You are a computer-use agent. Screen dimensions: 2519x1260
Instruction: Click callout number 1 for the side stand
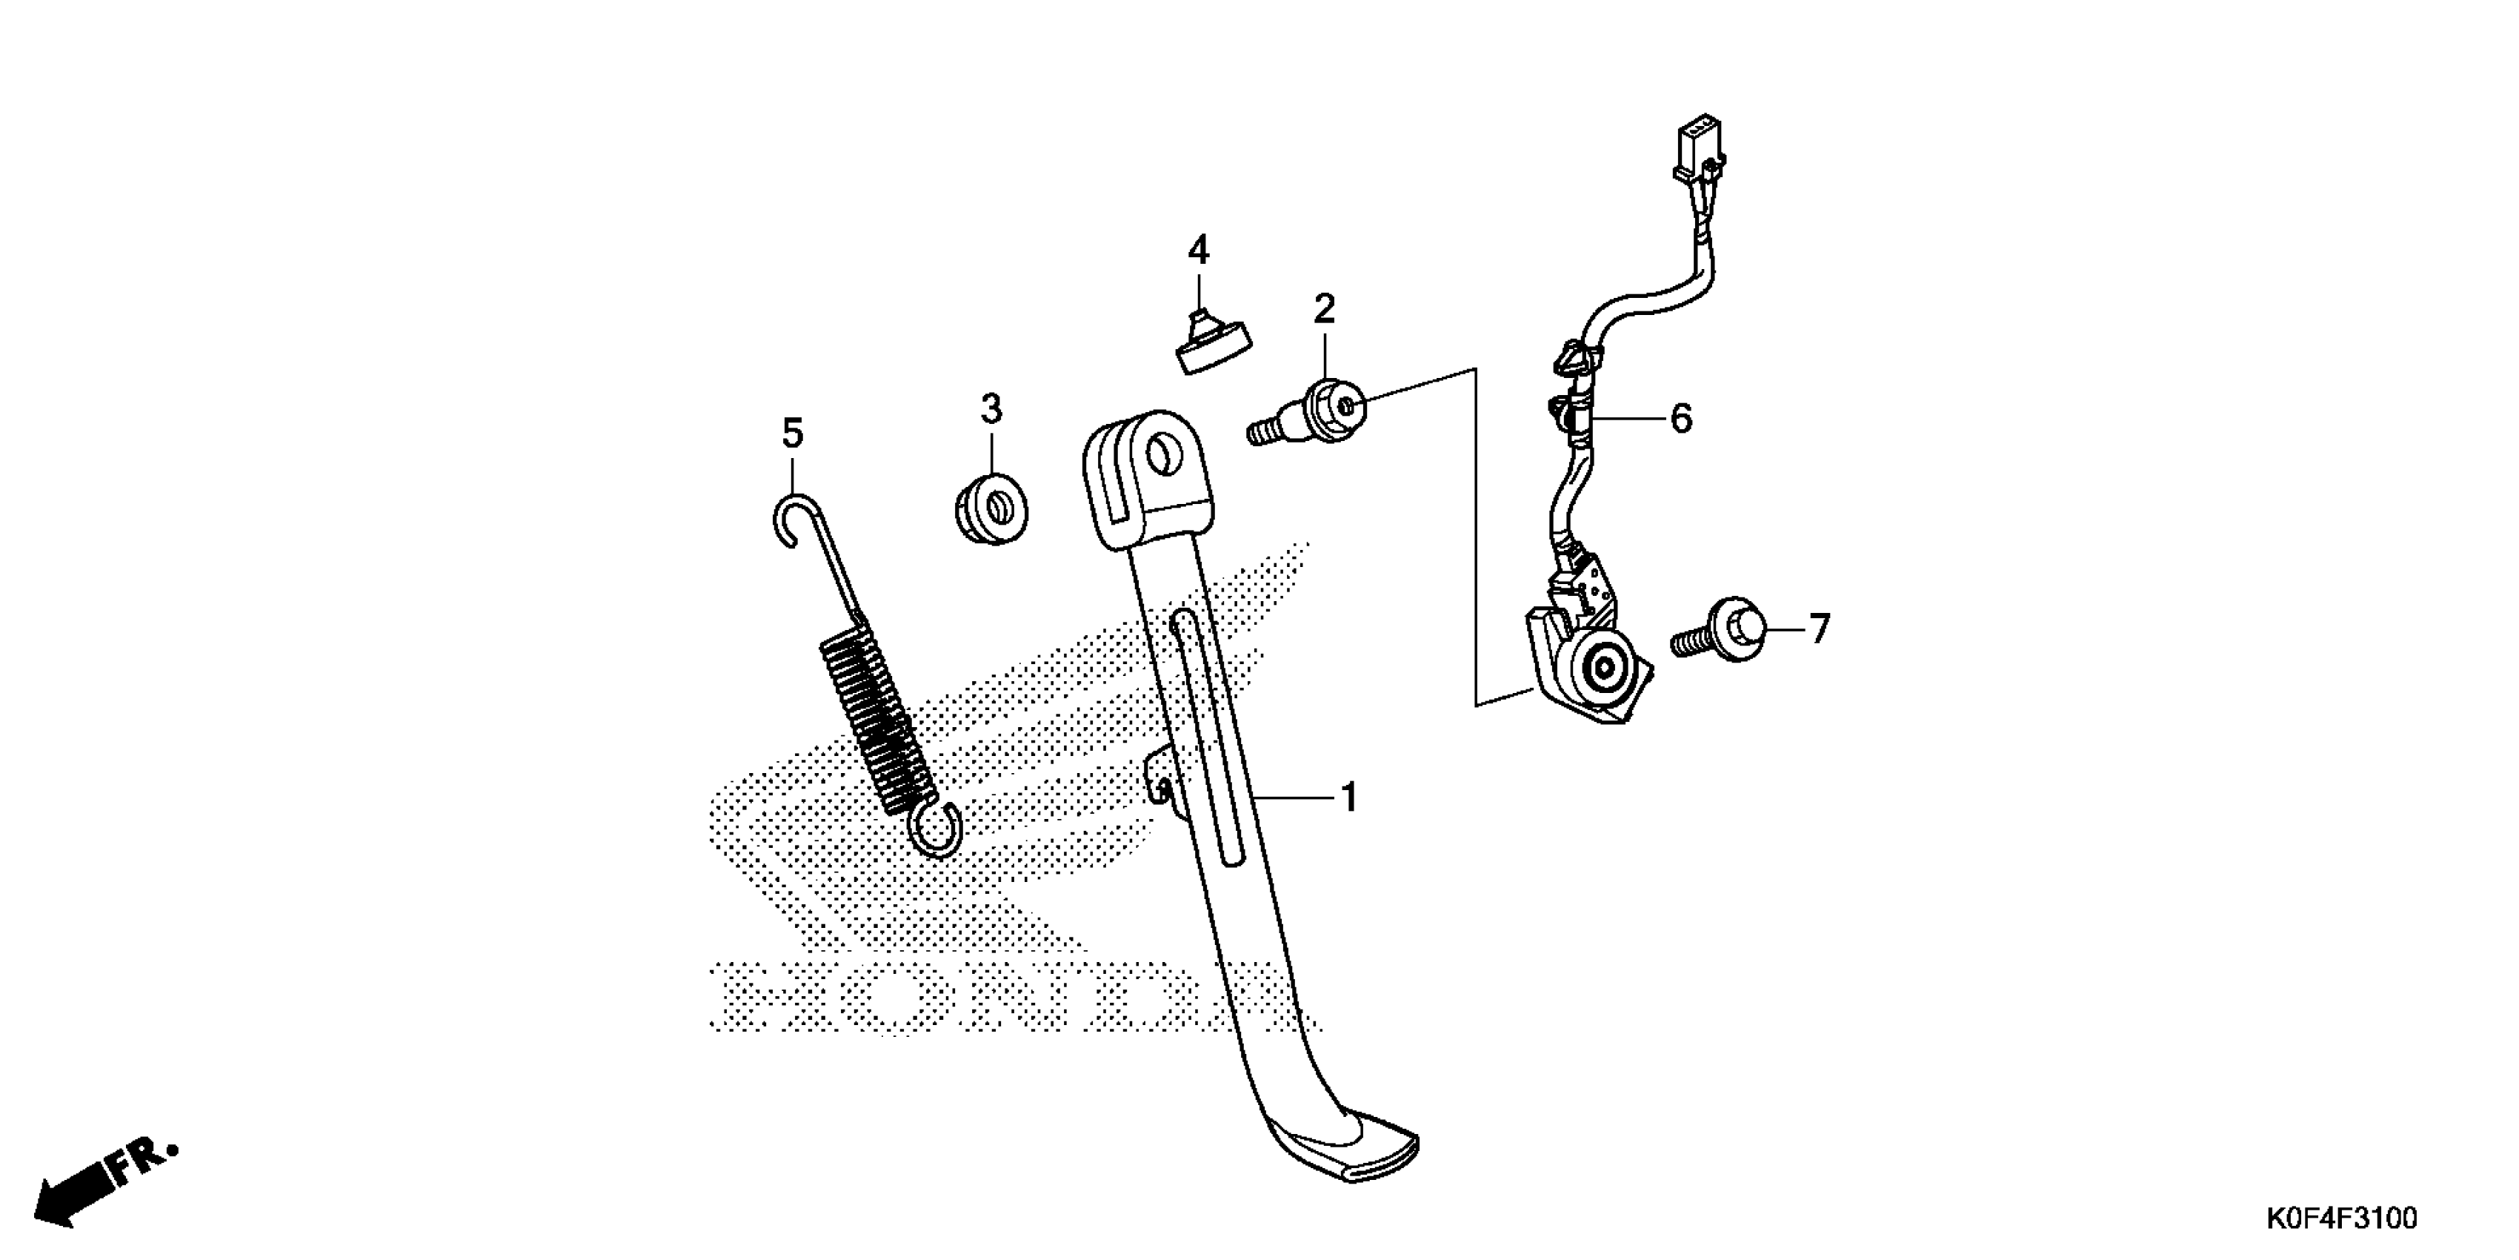point(1349,798)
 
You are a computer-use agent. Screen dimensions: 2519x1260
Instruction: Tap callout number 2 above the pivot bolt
point(1324,310)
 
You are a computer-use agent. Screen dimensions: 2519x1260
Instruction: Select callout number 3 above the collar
point(991,409)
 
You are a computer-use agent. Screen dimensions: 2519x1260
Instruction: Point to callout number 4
point(1198,251)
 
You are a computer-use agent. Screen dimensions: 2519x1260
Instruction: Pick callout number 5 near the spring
point(792,432)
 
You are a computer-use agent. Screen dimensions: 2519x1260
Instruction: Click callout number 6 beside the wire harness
point(1680,419)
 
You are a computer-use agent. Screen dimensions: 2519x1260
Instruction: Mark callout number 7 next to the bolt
point(1818,629)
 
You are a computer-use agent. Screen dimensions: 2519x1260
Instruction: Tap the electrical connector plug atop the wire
point(1700,152)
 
